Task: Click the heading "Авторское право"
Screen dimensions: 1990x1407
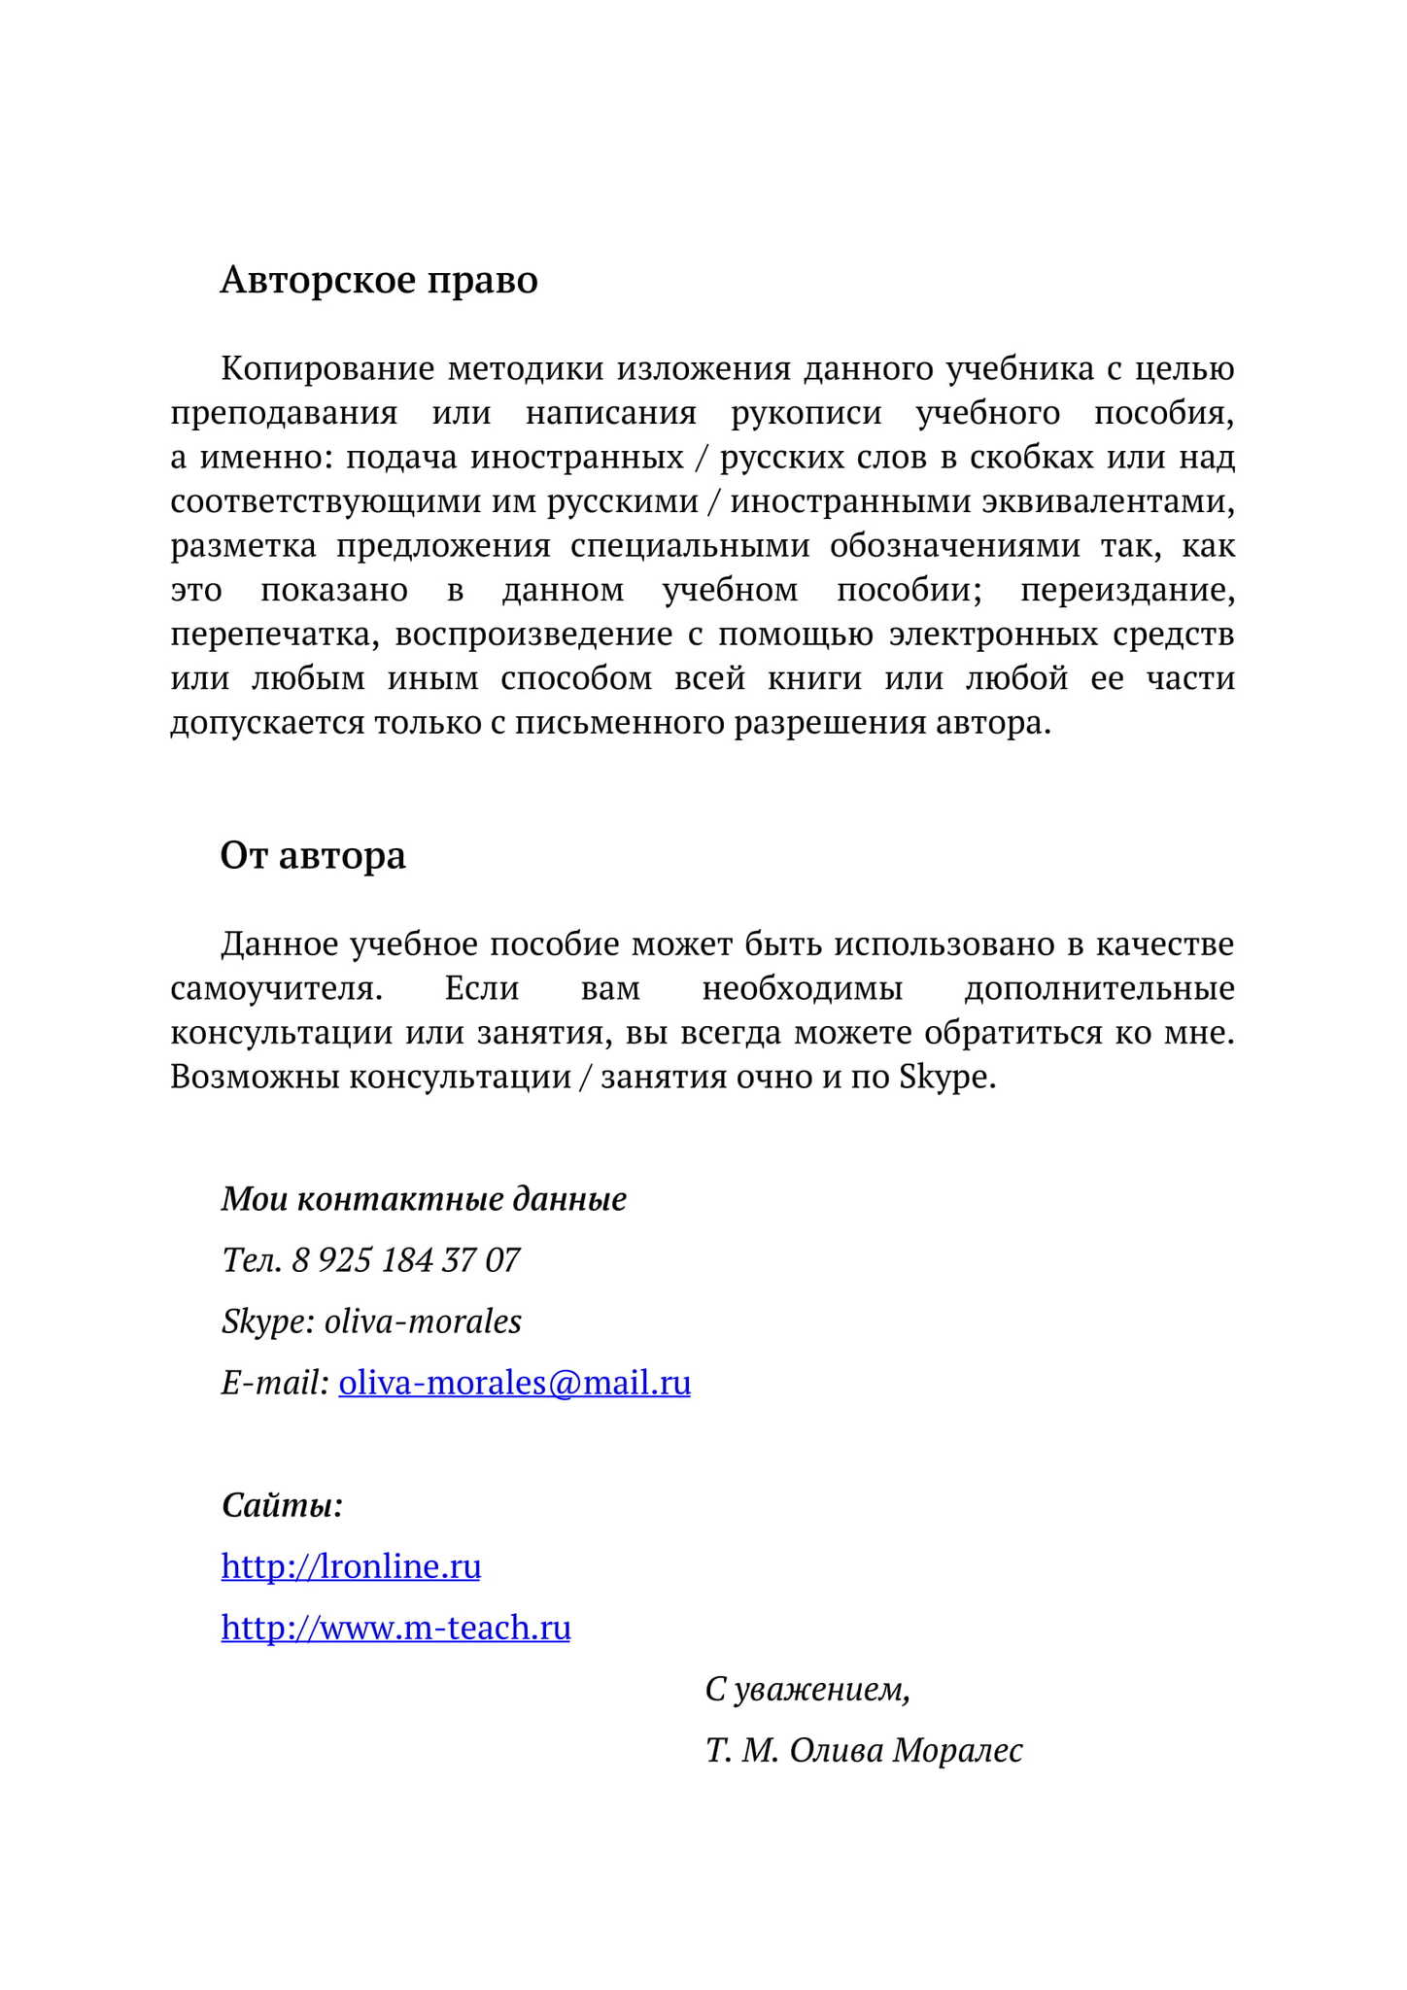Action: tap(379, 280)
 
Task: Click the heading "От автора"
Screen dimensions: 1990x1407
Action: tap(313, 855)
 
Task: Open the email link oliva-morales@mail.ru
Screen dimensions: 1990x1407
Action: tap(514, 1382)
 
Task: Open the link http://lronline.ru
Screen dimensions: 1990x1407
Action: tap(351, 1565)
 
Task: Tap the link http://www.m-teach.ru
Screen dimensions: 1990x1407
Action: tap(395, 1627)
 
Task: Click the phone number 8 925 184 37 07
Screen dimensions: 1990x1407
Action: tap(405, 1260)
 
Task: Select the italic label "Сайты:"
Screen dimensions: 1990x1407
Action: tap(282, 1505)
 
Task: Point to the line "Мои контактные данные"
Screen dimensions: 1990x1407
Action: tap(424, 1199)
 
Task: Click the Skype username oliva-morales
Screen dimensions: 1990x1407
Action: tap(423, 1321)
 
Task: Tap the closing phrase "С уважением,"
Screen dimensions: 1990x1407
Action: tap(807, 1689)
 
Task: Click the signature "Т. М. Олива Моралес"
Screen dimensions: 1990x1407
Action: tap(864, 1750)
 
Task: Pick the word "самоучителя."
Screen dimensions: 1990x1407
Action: tap(277, 988)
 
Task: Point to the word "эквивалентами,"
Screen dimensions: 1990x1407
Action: tap(1108, 501)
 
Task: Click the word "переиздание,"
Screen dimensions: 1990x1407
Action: tap(1127, 590)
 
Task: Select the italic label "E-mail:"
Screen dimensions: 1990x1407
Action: tap(275, 1383)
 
